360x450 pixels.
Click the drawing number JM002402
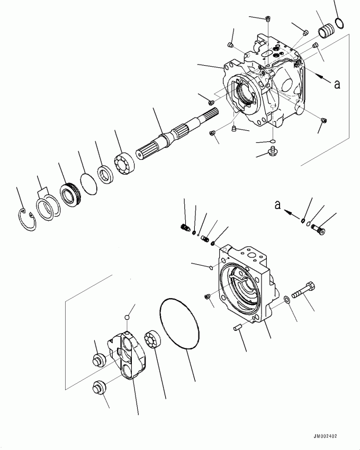325,436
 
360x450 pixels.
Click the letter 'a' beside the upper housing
337,84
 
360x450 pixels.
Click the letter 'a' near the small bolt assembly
277,205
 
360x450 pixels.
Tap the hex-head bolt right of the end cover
304,291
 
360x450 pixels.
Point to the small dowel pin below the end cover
239,328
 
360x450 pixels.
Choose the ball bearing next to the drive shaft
124,163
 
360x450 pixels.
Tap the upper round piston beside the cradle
100,359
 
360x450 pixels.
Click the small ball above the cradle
127,317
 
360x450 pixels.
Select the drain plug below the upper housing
273,151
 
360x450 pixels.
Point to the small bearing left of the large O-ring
152,340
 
